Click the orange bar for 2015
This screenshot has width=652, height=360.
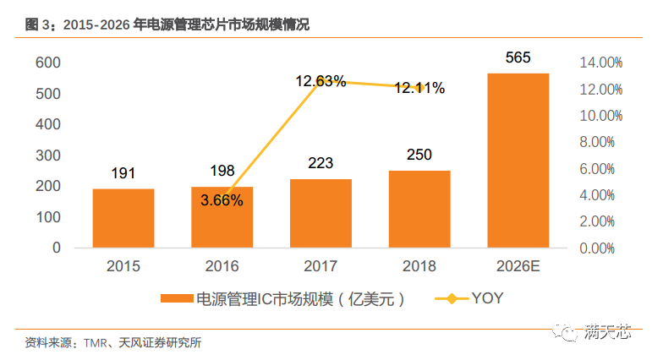click(x=123, y=218)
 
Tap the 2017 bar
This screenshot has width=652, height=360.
click(x=321, y=213)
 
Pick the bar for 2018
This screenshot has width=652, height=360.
click(x=419, y=209)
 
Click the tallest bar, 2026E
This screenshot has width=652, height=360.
click(x=518, y=161)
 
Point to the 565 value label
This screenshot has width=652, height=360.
click(x=518, y=57)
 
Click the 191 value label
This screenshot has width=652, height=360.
click(x=123, y=173)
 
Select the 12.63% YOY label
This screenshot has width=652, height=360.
click(x=321, y=82)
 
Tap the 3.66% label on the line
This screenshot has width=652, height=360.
click(x=222, y=200)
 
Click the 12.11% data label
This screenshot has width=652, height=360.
click(x=419, y=88)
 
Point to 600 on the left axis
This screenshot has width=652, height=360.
click(x=47, y=63)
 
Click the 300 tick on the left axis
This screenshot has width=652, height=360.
click(x=47, y=155)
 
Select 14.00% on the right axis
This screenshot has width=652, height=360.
click(x=600, y=63)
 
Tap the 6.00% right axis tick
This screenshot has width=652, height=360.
click(x=600, y=169)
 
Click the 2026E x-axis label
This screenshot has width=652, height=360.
click(x=518, y=266)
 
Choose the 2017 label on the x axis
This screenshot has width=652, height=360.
click(x=321, y=266)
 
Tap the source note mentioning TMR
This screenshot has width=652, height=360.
click(x=113, y=343)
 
